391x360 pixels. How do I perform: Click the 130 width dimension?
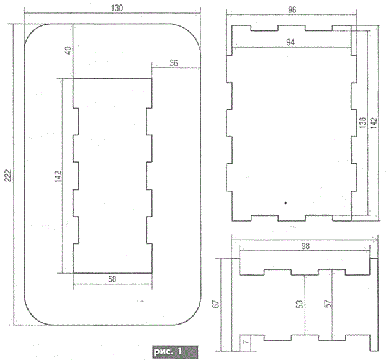pyautogui.click(x=117, y=8)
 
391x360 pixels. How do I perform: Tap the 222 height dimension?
pyautogui.click(x=8, y=176)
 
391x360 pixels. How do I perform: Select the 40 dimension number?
pyautogui.click(x=68, y=50)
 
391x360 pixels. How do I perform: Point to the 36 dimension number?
pyautogui.click(x=174, y=63)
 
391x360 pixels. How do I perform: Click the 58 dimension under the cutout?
pyautogui.click(x=112, y=279)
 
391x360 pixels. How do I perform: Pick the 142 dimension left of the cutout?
pyautogui.click(x=58, y=176)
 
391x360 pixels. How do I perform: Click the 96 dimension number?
pyautogui.click(x=292, y=10)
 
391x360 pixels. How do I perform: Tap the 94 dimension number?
pyautogui.click(x=290, y=42)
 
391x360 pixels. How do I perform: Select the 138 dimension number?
pyautogui.click(x=363, y=122)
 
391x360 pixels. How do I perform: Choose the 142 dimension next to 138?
pyautogui.click(x=374, y=123)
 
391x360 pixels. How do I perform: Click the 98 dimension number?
pyautogui.click(x=305, y=246)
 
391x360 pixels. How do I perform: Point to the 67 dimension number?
pyautogui.click(x=216, y=304)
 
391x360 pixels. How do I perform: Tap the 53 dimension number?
pyautogui.click(x=300, y=304)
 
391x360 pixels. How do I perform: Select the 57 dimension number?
pyautogui.click(x=328, y=304)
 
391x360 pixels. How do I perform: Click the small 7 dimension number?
pyautogui.click(x=246, y=341)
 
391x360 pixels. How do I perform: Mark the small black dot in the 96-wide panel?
pyautogui.click(x=285, y=203)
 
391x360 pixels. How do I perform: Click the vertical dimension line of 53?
pyautogui.click(x=305, y=305)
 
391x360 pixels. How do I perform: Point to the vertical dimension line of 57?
pyautogui.click(x=332, y=305)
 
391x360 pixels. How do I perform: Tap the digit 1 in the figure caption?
pyautogui.click(x=179, y=351)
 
